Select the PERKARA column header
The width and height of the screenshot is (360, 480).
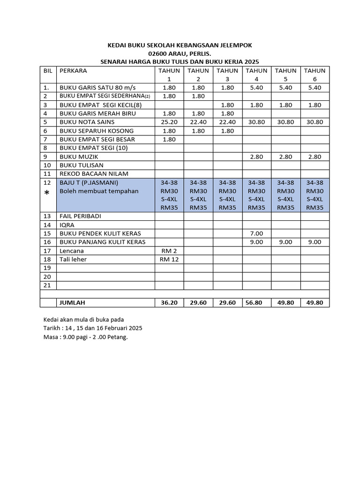tap(73, 71)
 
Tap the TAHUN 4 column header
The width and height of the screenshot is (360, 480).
tap(257, 75)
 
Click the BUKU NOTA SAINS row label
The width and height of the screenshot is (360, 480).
tap(86, 122)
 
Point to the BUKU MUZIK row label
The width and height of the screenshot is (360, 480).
tap(78, 157)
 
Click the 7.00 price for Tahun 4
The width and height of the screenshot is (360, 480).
tap(257, 233)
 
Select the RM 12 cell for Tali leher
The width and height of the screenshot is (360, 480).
tap(169, 259)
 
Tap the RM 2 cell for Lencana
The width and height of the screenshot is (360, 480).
tap(169, 251)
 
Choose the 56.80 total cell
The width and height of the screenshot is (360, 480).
tap(257, 303)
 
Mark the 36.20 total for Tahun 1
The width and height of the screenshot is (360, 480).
tap(169, 303)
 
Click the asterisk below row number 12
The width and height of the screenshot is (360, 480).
tap(47, 193)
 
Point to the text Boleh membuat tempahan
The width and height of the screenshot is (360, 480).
tap(98, 191)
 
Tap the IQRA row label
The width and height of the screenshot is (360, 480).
tap(67, 225)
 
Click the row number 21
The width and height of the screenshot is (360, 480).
tap(47, 285)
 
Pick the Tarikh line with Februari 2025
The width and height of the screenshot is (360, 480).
tap(93, 328)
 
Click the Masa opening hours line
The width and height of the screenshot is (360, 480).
tap(85, 337)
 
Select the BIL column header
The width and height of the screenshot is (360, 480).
tap(47, 71)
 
